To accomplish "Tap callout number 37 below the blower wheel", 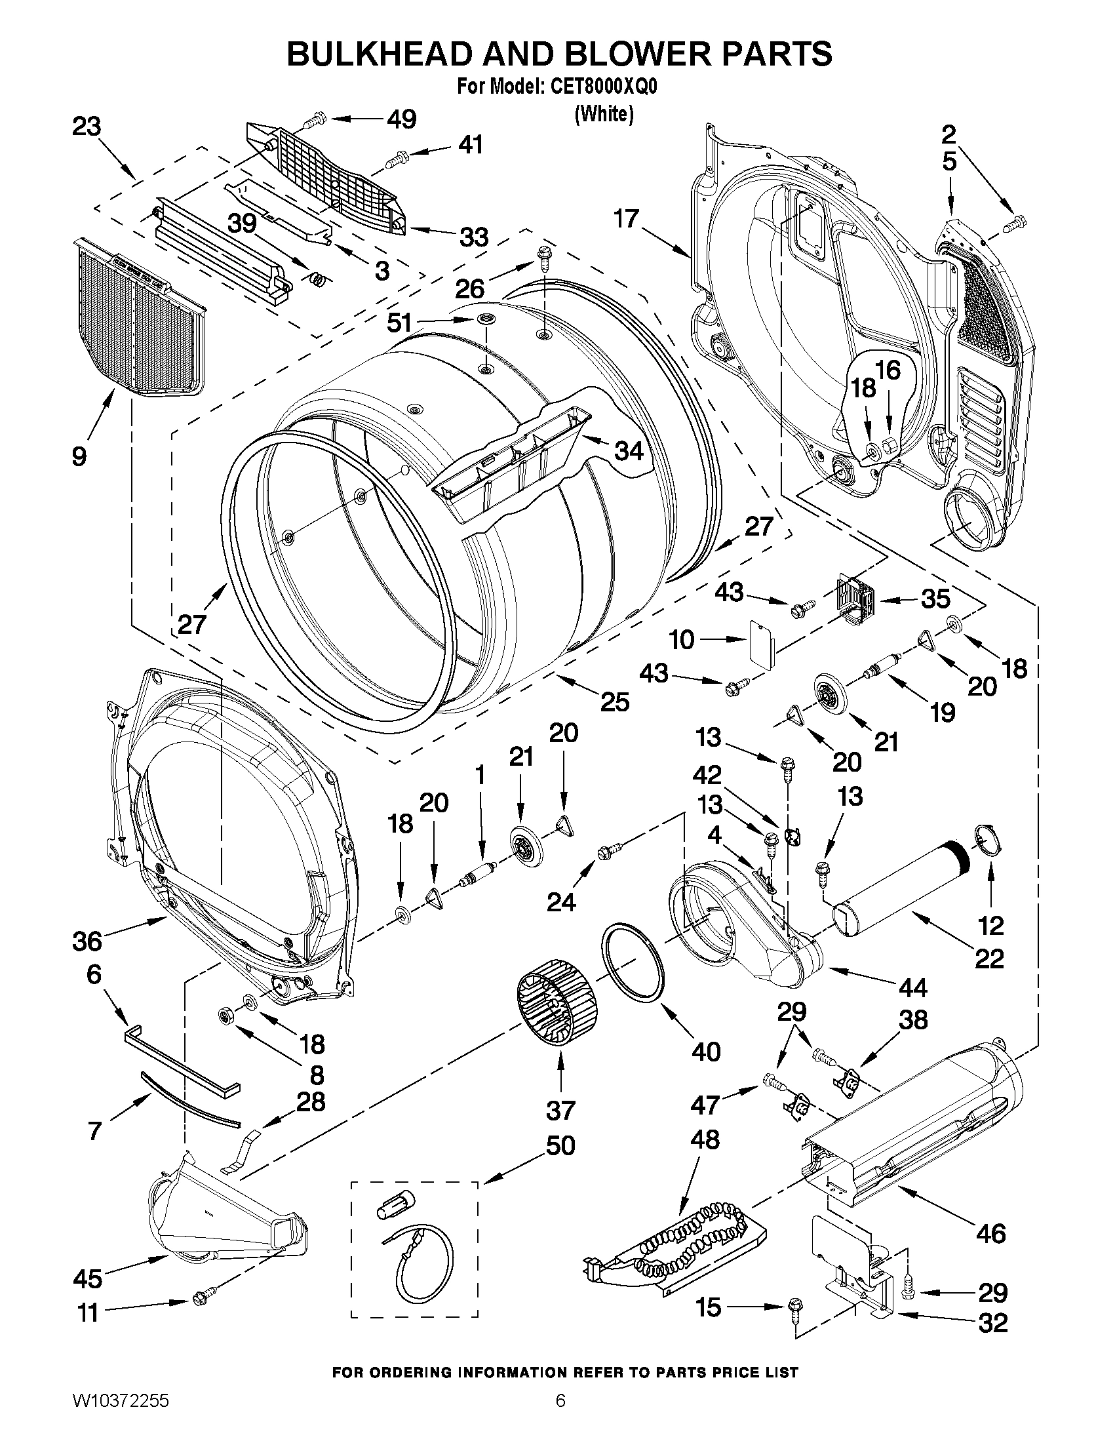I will [x=560, y=1110].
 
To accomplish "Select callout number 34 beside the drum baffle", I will [x=628, y=450].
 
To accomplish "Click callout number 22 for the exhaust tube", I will [x=989, y=959].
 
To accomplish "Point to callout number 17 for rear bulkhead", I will [x=625, y=218].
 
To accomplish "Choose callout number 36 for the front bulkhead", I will [x=87, y=941].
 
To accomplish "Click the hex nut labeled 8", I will [x=225, y=1015].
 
